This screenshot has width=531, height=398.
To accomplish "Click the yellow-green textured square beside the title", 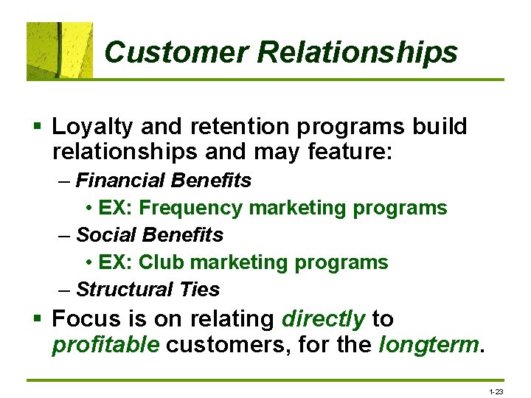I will point(60,50).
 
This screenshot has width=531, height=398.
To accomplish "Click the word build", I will point(440,127).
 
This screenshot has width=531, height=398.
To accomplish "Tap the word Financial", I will point(122,181).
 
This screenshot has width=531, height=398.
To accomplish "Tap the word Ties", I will point(200,290).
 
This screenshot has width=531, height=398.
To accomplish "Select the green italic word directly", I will point(323,319).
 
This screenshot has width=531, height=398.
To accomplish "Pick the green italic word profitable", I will point(105,345).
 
